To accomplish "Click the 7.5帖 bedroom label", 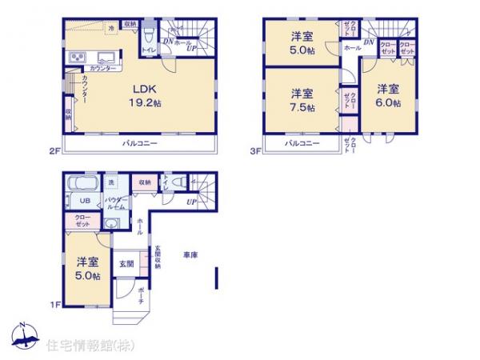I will click(302, 101).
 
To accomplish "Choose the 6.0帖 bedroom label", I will click(388, 94).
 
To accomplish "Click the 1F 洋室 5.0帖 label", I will click(88, 268).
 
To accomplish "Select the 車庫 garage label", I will click(190, 255).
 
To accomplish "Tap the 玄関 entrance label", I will click(127, 264).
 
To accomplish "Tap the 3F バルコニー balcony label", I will click(302, 143).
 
